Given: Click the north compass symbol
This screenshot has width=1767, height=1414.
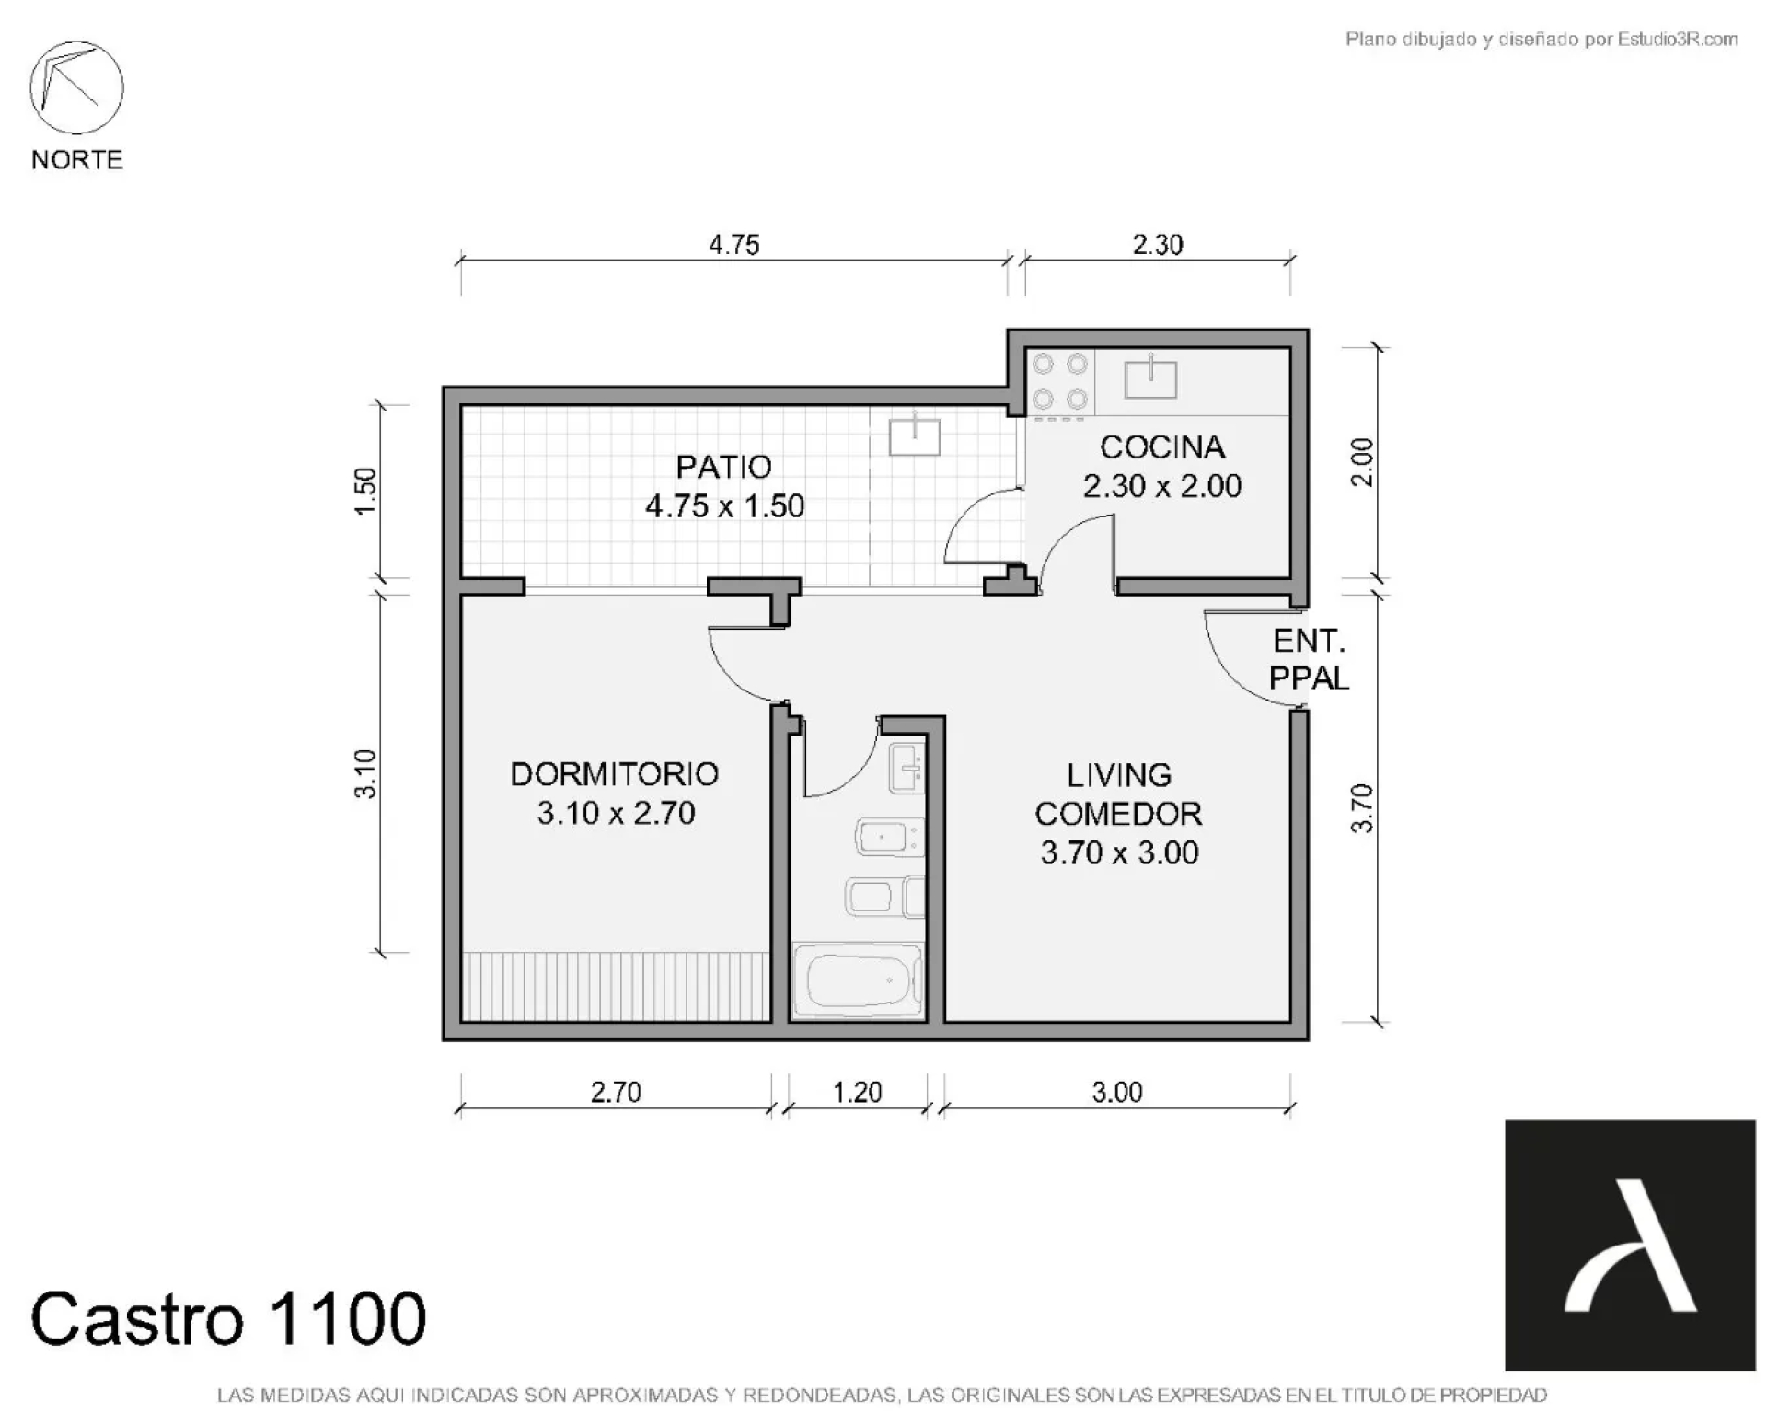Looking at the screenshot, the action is [76, 87].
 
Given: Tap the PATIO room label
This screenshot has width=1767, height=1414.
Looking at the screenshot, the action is [724, 467].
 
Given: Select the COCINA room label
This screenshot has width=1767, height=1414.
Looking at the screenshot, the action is [1162, 447].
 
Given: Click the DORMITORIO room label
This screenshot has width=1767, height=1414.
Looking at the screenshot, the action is [615, 774].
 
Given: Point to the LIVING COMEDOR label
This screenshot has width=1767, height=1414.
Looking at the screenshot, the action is [1119, 794].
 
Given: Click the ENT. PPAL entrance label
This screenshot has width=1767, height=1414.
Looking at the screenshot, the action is [1309, 659].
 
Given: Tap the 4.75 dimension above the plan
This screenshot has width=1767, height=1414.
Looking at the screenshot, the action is [734, 245].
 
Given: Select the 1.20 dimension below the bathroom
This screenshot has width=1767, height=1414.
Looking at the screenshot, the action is [857, 1092].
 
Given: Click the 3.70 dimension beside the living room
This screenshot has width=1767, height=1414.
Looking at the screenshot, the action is [1362, 808].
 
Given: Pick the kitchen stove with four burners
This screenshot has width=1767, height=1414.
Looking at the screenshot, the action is [1060, 382].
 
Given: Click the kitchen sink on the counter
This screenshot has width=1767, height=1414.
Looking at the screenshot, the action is [1150, 377].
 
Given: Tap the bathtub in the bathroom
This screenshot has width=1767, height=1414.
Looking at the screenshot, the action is [858, 981].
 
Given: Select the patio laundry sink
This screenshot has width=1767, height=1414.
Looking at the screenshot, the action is [915, 435].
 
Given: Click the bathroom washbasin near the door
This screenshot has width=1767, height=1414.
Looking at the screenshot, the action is [906, 768].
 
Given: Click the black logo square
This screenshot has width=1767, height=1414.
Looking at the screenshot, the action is [1630, 1245].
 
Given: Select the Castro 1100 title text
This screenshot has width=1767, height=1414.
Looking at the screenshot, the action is [228, 1318].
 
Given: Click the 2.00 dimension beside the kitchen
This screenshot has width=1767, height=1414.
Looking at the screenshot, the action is [1362, 462].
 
